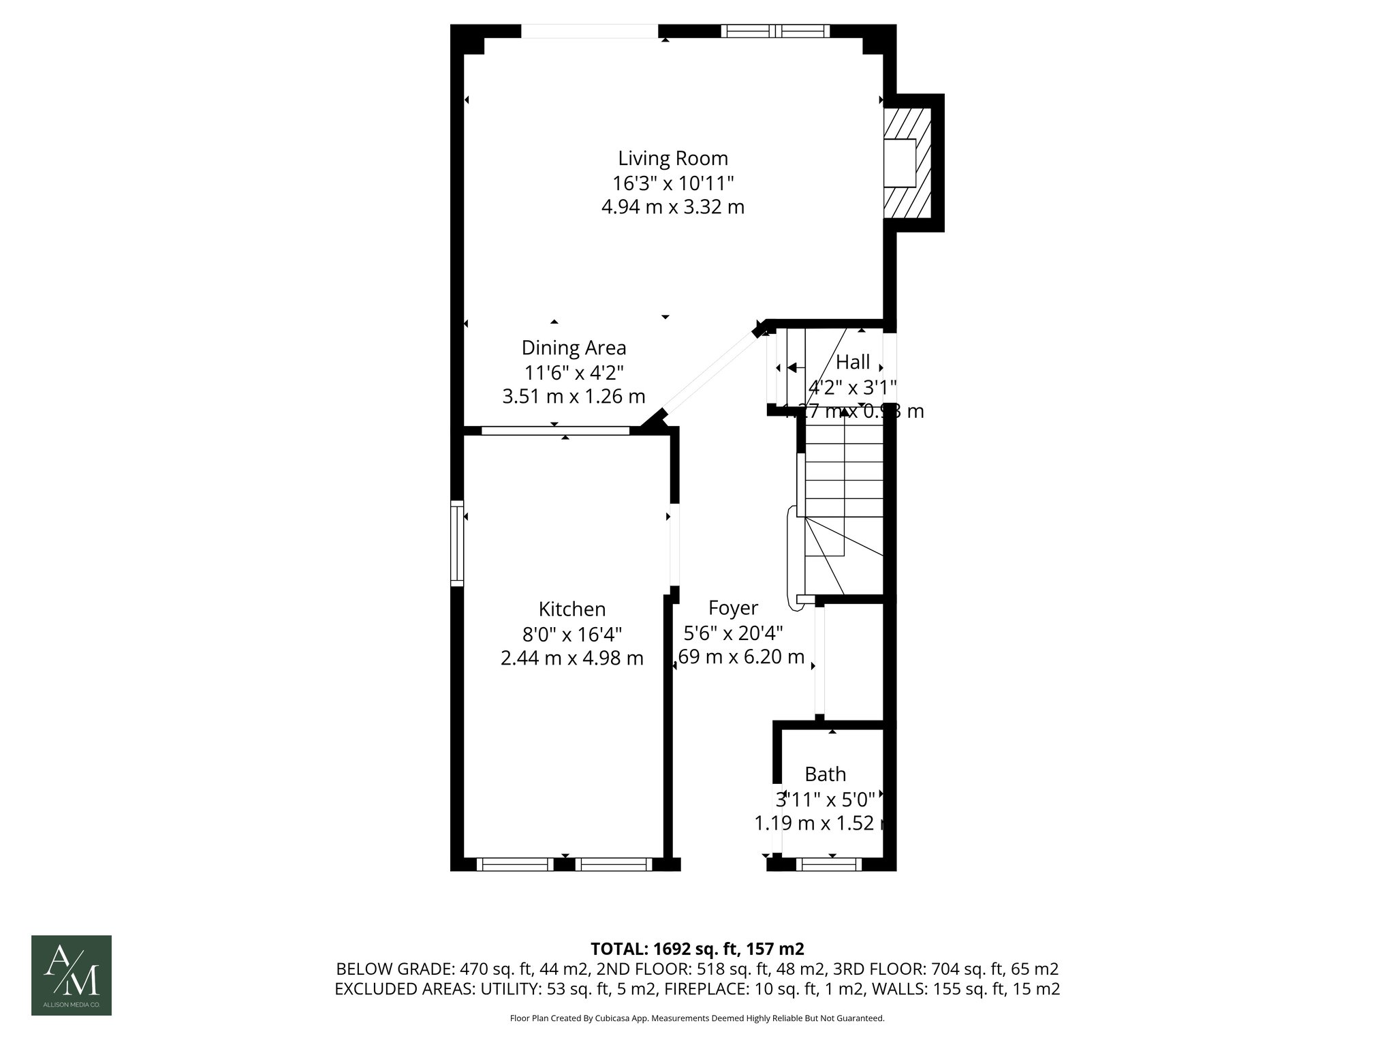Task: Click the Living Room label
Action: (x=673, y=158)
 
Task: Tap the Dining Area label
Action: (x=574, y=348)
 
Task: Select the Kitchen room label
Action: (x=572, y=609)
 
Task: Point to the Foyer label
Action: (x=733, y=607)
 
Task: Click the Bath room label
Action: (x=826, y=774)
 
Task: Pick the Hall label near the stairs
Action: (x=853, y=361)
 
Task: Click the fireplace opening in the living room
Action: (x=900, y=163)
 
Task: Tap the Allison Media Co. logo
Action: (x=72, y=975)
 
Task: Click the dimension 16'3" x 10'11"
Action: (x=673, y=183)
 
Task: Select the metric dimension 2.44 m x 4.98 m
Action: (x=572, y=658)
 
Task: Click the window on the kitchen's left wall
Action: (x=457, y=543)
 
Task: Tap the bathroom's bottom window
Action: (x=828, y=864)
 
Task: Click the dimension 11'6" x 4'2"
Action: (x=574, y=372)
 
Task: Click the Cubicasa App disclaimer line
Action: (x=697, y=1018)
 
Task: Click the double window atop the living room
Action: (x=775, y=31)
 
